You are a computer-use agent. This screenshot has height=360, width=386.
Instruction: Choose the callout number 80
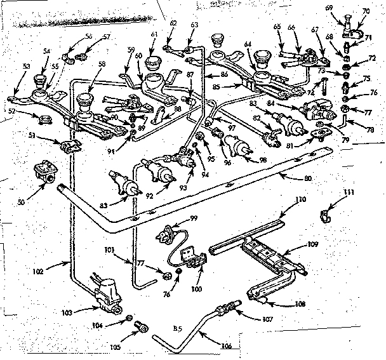309,180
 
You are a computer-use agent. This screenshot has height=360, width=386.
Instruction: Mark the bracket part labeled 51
69,147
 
